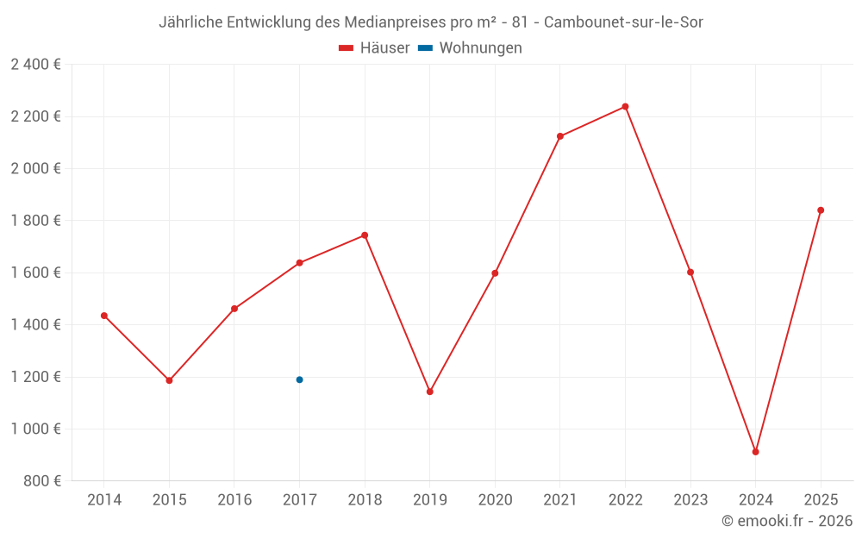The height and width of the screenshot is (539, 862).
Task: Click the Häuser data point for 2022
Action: [x=625, y=107]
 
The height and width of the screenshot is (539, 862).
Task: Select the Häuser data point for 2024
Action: [x=755, y=452]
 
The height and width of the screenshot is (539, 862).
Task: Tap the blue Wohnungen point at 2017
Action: [x=299, y=379]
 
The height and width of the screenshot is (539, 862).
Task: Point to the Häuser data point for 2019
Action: [x=429, y=392]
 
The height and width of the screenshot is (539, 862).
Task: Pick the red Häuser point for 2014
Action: [x=104, y=316]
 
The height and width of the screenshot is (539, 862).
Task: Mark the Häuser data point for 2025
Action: [x=821, y=210]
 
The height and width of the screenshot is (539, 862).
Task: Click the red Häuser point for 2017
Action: [x=299, y=263]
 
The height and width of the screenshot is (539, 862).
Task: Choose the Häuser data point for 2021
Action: [x=560, y=136]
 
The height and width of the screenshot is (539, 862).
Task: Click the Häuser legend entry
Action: [x=374, y=48]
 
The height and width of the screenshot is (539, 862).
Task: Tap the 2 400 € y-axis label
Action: [x=35, y=65]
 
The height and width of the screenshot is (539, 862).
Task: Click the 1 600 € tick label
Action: [x=35, y=273]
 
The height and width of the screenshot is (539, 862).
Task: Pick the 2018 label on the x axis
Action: [x=365, y=499]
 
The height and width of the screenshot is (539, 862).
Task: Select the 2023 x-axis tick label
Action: [x=690, y=499]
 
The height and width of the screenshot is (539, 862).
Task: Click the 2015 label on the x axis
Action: [x=169, y=499]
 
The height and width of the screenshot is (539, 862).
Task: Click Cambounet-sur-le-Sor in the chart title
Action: [x=623, y=22]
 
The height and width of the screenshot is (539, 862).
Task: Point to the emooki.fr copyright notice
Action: [x=786, y=521]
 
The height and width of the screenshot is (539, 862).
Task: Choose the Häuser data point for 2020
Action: [x=495, y=273]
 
